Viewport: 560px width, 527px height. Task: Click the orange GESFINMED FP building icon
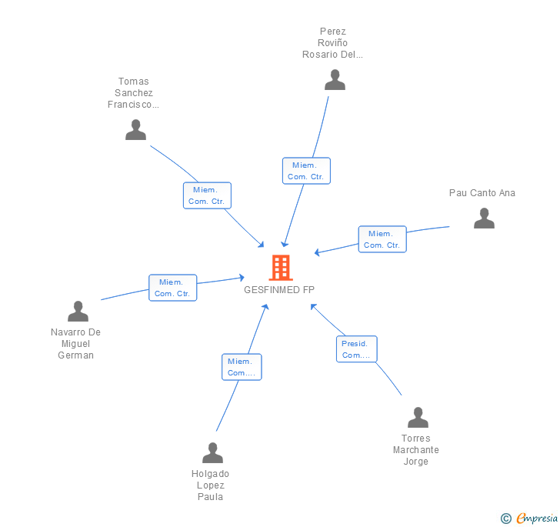coord(281,268)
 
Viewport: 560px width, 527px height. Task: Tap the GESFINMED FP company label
coord(279,290)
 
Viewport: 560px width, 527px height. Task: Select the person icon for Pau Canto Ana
coord(484,218)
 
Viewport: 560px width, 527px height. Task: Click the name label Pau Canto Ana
coord(482,193)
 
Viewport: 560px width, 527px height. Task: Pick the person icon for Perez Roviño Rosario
coord(335,80)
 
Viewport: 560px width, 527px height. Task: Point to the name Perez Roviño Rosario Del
coord(333,43)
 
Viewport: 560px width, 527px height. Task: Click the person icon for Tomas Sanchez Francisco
coord(135,130)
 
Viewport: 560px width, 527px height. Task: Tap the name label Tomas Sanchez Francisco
coord(134,93)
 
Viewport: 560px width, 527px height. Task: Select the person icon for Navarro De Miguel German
coord(78,312)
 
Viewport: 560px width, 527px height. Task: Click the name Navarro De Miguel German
coord(76,344)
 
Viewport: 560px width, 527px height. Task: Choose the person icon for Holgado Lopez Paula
coord(212,453)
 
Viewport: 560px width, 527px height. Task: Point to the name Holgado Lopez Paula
coord(210,485)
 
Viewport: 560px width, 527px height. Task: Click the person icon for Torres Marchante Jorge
coord(418,418)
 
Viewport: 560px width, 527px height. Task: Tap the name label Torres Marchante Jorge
coord(416,450)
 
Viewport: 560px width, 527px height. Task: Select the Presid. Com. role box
coord(356,349)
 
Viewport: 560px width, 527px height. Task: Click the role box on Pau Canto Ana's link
coord(382,239)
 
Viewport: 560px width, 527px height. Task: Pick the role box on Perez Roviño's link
coord(306,171)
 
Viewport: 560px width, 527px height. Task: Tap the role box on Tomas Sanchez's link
coord(207,195)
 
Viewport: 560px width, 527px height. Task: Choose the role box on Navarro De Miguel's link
coord(172,288)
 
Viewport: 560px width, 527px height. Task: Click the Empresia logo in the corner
coord(528,519)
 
